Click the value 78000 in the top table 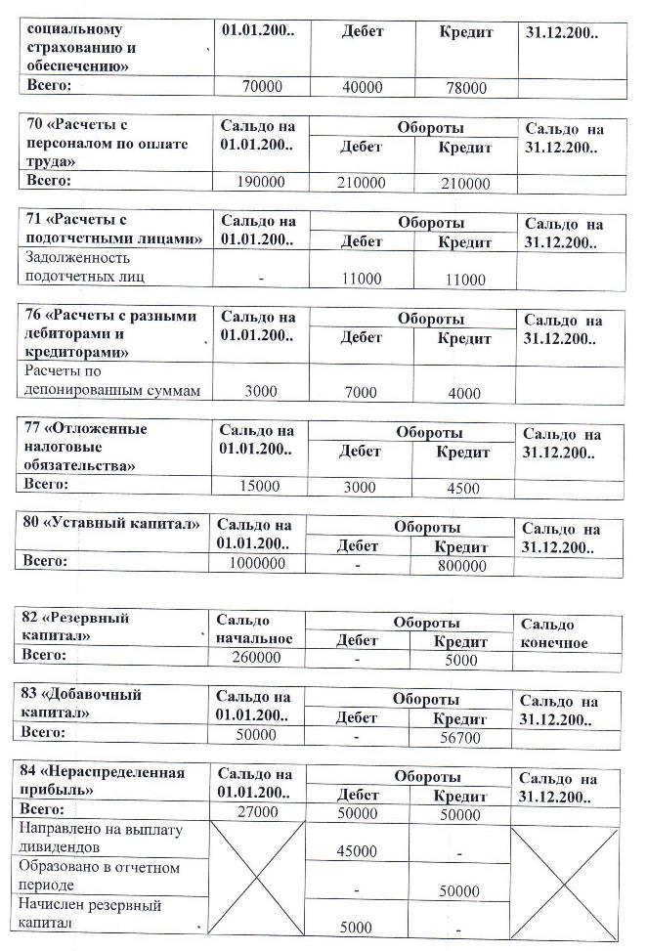click(x=465, y=88)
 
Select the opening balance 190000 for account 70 click(x=259, y=183)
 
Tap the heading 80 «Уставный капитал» click(x=109, y=523)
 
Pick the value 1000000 click(x=258, y=564)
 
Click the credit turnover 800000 click(x=461, y=566)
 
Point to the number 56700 click(x=460, y=738)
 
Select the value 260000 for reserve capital click(x=258, y=658)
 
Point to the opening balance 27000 click(x=258, y=812)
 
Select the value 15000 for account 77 click(x=259, y=486)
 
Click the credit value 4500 click(x=462, y=489)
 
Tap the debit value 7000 click(x=361, y=393)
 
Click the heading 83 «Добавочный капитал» click(x=82, y=704)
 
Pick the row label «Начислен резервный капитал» click(x=90, y=914)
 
